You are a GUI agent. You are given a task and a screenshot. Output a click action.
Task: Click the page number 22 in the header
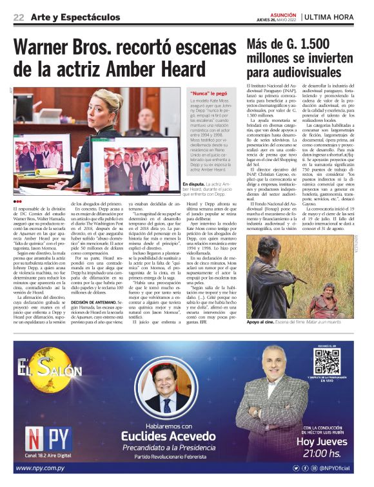click(x=19, y=17)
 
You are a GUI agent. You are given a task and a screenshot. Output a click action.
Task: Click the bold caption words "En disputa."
click(x=193, y=184)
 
